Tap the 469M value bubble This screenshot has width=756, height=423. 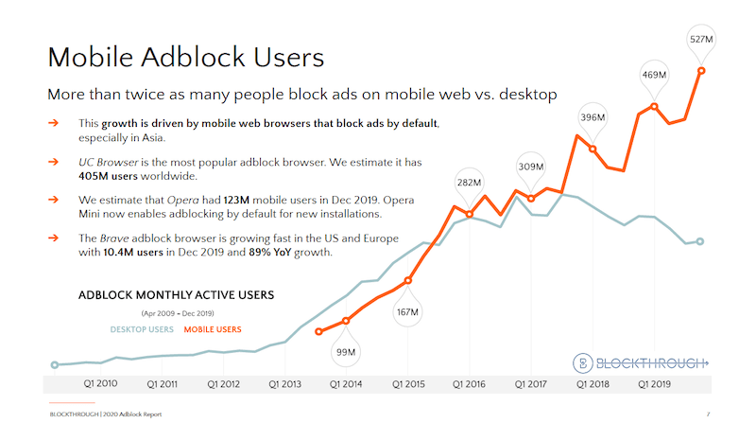(654, 75)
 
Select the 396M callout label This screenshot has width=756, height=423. (593, 118)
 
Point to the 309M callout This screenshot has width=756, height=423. (531, 167)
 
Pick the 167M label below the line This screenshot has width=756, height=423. (408, 311)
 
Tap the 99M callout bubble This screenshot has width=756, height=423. (346, 352)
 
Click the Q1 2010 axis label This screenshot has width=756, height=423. (101, 384)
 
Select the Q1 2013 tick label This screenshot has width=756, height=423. (285, 384)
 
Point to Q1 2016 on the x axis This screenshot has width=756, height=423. (470, 384)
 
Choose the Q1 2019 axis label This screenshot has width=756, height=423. (654, 384)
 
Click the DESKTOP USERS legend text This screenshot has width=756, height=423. (142, 329)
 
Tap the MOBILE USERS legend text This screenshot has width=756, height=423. (213, 329)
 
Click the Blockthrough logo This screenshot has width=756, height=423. (641, 362)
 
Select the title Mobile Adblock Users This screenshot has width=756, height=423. (186, 56)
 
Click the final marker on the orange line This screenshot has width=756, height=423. (701, 69)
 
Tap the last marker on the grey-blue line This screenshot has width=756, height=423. (700, 241)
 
